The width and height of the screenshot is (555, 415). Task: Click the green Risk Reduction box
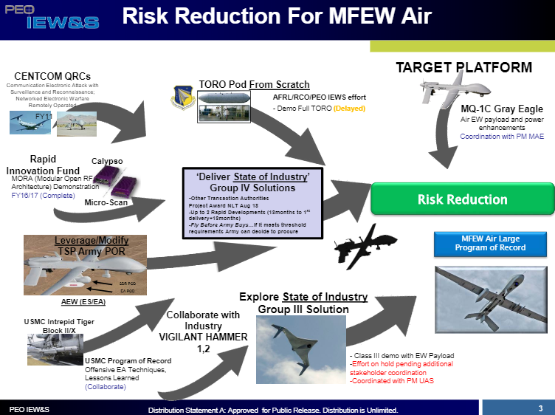coord(462,199)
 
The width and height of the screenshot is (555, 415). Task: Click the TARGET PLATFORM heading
coord(463,68)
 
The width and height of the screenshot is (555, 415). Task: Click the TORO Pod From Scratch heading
coord(254,84)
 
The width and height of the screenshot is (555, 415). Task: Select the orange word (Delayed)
coord(349,109)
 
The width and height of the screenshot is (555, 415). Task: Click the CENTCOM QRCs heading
coord(52,76)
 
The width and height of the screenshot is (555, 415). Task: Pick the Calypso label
coord(107,161)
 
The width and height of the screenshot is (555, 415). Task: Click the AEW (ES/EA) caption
coord(83,302)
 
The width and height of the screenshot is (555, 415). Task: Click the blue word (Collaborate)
coord(106,385)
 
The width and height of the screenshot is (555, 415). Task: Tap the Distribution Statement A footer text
coord(272,410)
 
